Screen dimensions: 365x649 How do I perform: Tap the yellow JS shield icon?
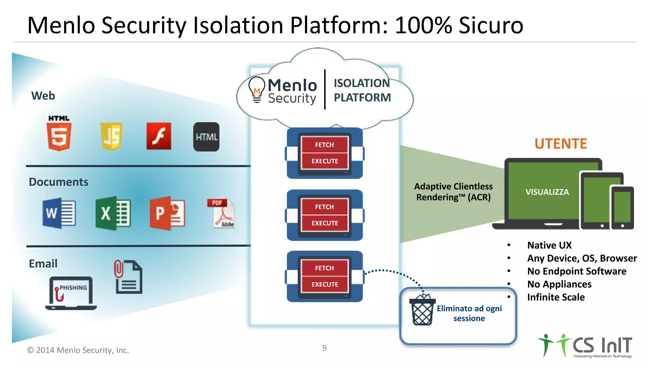click(x=111, y=136)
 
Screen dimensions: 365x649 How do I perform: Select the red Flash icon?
click(x=159, y=136)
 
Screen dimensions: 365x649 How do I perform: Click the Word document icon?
click(x=59, y=213)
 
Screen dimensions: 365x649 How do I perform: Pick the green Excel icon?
click(x=113, y=213)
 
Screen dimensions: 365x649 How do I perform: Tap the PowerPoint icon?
click(x=167, y=213)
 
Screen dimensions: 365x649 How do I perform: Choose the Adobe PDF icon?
click(x=222, y=213)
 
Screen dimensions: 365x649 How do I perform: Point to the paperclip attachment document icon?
click(x=128, y=277)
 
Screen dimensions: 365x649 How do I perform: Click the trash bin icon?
click(x=422, y=311)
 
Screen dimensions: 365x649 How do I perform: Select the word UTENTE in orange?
click(x=561, y=144)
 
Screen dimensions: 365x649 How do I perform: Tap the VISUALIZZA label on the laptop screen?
click(x=547, y=192)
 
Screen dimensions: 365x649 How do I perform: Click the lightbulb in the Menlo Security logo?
click(x=257, y=89)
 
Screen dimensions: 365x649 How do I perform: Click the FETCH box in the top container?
click(x=324, y=145)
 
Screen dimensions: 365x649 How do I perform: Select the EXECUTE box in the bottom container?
click(x=324, y=285)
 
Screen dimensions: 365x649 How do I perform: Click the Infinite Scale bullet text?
click(x=556, y=297)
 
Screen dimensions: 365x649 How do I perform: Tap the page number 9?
click(x=324, y=348)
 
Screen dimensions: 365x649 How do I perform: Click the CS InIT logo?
click(x=586, y=346)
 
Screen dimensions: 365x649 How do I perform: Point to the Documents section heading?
click(x=59, y=182)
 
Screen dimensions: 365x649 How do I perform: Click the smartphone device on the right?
click(x=622, y=208)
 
